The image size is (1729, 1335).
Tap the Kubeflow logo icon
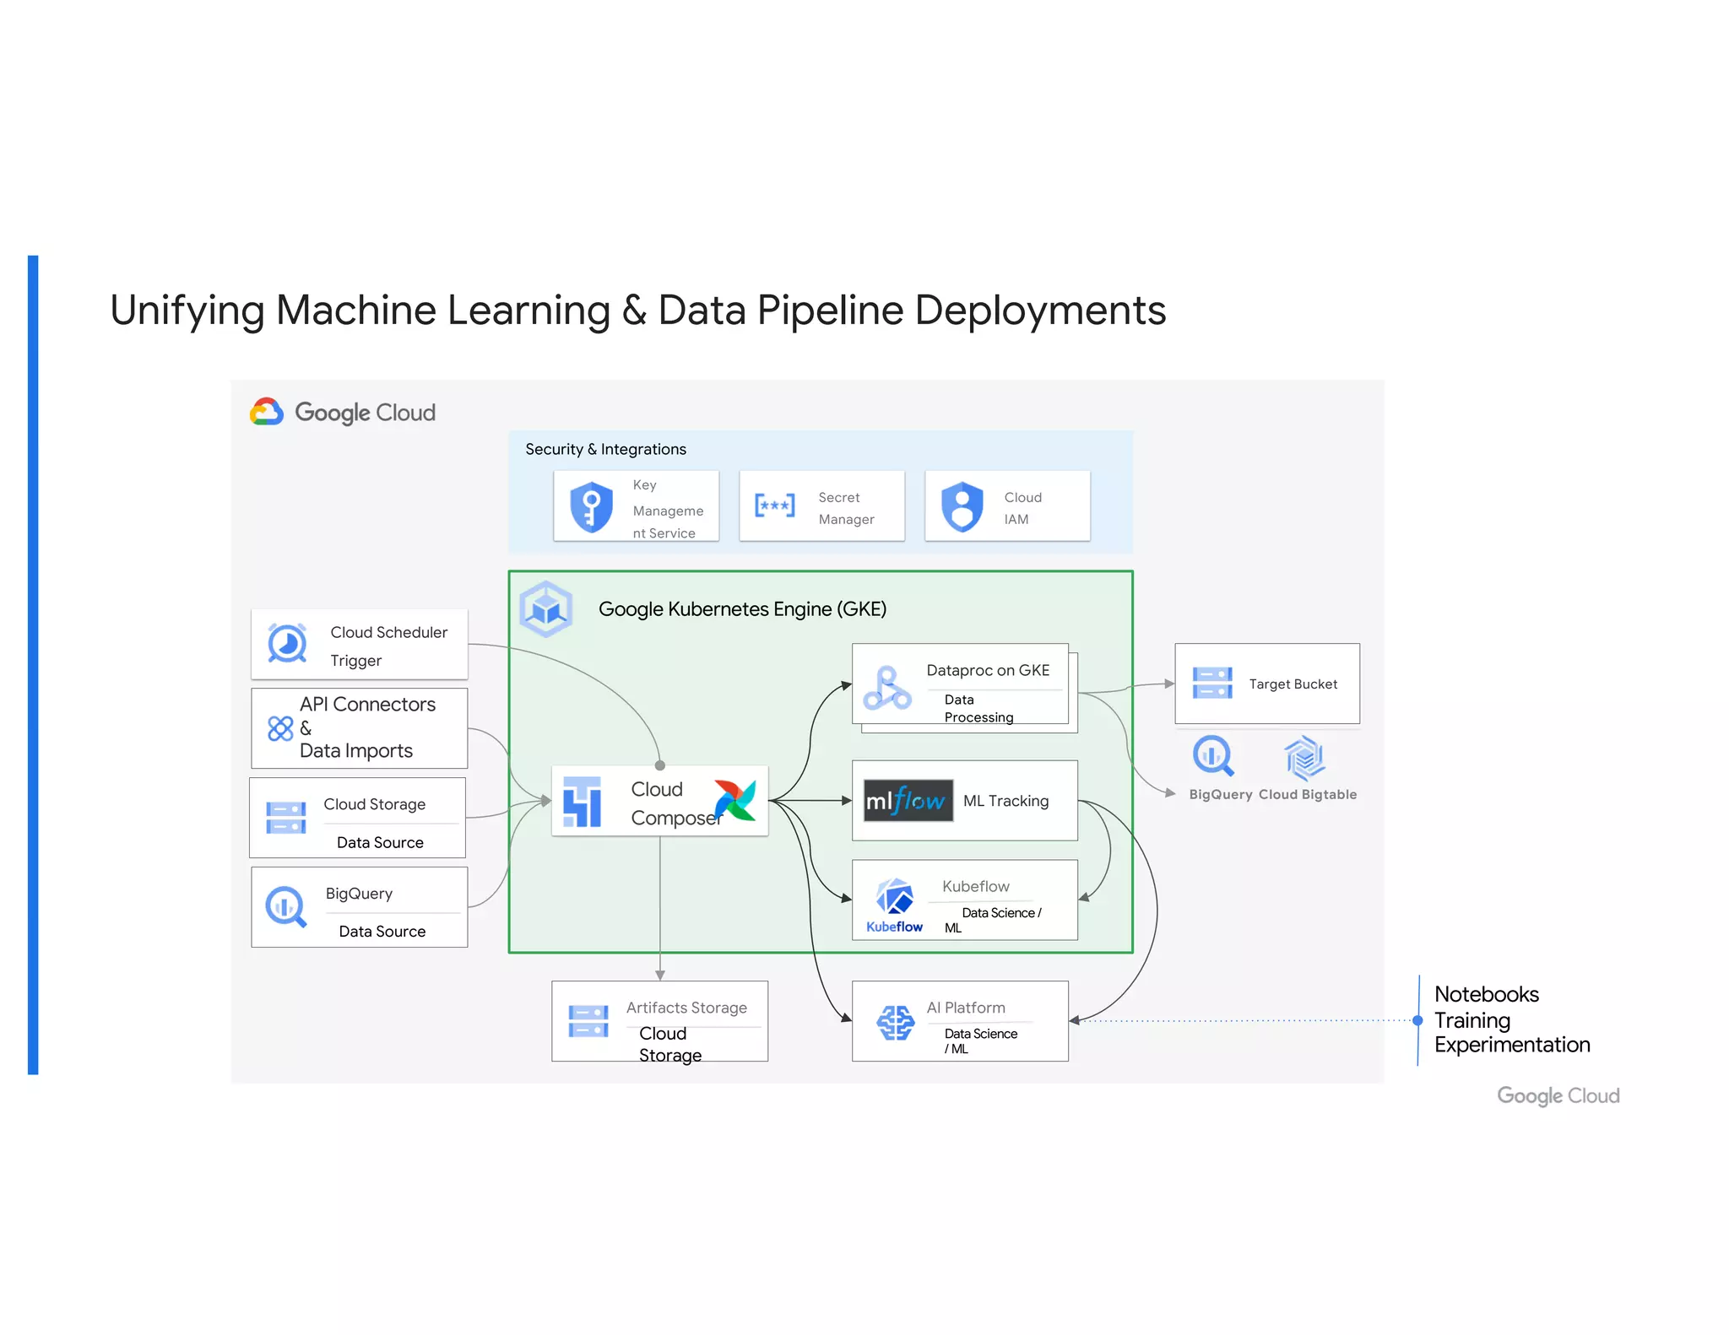coord(894,898)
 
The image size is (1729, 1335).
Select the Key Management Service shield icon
coord(591,506)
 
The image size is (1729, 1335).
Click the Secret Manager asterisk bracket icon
coord(774,505)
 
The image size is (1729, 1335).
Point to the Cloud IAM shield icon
coord(962,506)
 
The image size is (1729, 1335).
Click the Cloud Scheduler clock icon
coord(287,644)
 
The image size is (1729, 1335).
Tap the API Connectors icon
coord(280,728)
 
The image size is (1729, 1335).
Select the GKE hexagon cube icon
coord(546,608)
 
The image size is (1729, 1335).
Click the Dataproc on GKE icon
coord(886,689)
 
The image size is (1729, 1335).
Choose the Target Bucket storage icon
coord(1212,683)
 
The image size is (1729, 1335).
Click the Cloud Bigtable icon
coord(1304,757)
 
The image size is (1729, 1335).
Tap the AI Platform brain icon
coord(895,1023)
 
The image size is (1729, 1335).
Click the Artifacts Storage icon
coord(588,1021)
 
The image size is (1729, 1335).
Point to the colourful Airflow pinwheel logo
coord(734,800)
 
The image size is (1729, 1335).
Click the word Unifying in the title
coord(187,311)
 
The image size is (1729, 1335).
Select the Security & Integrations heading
coord(605,449)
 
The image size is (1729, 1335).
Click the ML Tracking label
coord(1005,801)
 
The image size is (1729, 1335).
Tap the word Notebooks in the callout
coord(1486,994)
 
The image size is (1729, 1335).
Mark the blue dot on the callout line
coord(1417,1020)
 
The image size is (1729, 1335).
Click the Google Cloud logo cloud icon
coord(267,412)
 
